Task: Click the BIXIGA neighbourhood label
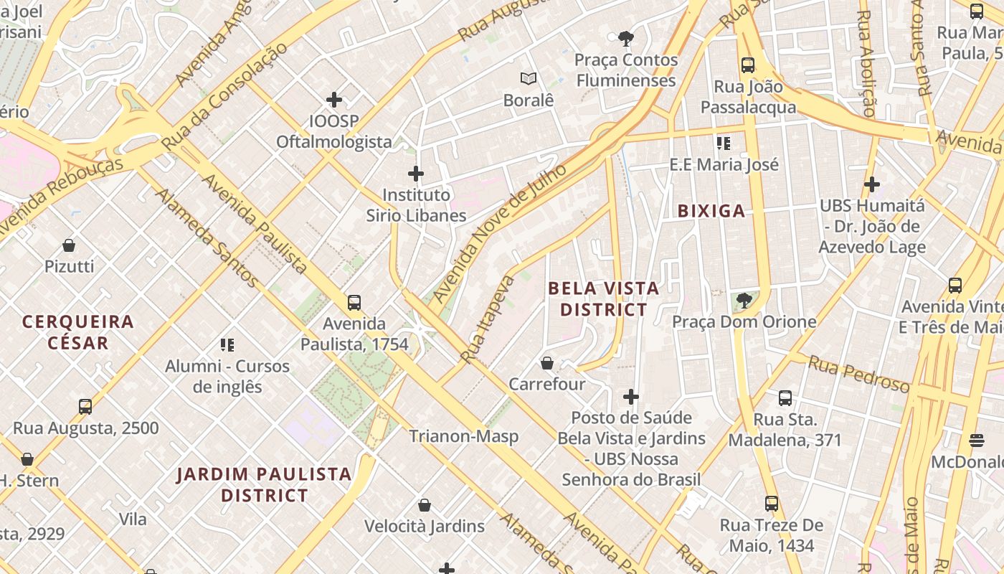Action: tap(711, 211)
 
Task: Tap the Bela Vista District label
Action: tap(603, 298)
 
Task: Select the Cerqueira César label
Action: tap(78, 332)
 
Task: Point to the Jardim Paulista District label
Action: tap(264, 484)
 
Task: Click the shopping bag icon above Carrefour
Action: tap(547, 363)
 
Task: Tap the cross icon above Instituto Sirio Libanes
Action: tap(416, 174)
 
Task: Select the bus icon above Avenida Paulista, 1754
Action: tap(354, 303)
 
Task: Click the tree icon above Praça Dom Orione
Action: tap(744, 300)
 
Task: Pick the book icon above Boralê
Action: tap(529, 79)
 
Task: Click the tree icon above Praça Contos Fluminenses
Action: tap(626, 39)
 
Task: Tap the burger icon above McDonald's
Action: tap(976, 440)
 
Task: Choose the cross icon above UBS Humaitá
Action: tap(872, 184)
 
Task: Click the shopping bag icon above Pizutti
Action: tap(69, 245)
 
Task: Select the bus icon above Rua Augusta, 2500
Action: tap(85, 407)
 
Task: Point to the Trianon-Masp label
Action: tap(464, 436)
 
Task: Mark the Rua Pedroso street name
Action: tap(858, 374)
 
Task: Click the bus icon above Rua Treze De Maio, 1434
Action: tap(772, 504)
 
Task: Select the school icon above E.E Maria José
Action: tap(723, 143)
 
